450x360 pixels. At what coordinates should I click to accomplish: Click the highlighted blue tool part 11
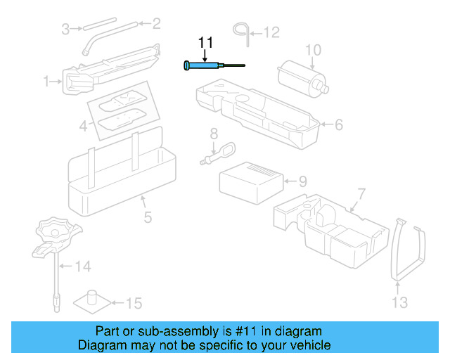click(x=204, y=65)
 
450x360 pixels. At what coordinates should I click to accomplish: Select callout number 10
click(x=312, y=49)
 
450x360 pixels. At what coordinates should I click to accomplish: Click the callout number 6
click(x=338, y=125)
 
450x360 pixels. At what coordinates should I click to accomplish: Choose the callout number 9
click(x=302, y=181)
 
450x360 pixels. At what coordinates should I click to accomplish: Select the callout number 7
click(x=361, y=193)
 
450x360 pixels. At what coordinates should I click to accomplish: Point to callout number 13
click(x=399, y=303)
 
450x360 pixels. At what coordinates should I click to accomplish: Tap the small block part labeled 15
click(x=91, y=300)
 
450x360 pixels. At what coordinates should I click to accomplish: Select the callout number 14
click(x=83, y=266)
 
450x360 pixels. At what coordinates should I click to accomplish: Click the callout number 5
click(x=148, y=217)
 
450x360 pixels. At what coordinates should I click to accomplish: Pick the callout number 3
click(x=65, y=29)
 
